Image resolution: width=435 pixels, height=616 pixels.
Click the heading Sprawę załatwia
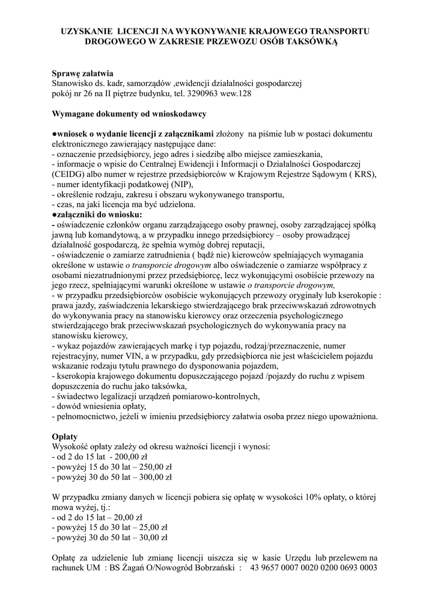tap(82, 73)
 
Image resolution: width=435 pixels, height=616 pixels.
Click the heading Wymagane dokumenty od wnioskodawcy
tap(130, 113)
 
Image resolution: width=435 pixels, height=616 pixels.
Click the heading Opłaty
tap(65, 436)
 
